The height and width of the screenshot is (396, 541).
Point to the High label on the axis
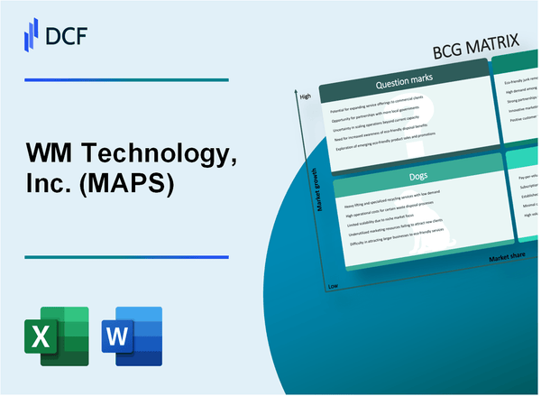tap(305, 97)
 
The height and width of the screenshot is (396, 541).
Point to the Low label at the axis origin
tap(333, 284)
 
